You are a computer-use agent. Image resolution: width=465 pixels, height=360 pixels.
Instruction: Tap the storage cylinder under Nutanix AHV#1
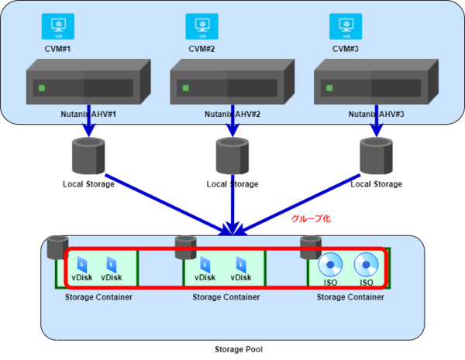click(x=88, y=155)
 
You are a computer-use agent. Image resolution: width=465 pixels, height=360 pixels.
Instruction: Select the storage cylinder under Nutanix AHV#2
click(x=232, y=155)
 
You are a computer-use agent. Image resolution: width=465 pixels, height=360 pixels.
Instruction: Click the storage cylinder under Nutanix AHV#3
click(x=376, y=155)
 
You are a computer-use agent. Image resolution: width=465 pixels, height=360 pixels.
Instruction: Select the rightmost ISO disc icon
click(x=366, y=266)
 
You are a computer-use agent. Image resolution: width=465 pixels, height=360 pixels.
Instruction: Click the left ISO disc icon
click(x=330, y=266)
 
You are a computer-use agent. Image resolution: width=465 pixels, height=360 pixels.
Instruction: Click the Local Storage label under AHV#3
click(x=376, y=184)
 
